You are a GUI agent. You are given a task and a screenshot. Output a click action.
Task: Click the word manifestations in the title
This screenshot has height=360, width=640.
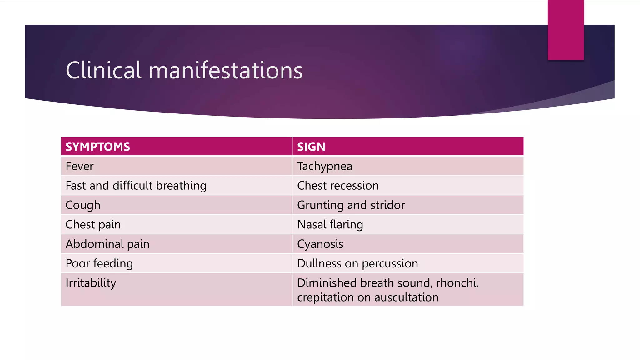click(x=226, y=70)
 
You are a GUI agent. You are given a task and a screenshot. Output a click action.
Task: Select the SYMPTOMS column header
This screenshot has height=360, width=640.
click(x=98, y=147)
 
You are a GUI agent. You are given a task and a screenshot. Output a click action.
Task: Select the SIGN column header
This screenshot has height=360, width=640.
click(x=311, y=147)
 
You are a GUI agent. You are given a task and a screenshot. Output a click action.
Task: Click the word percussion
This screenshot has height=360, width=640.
click(x=390, y=263)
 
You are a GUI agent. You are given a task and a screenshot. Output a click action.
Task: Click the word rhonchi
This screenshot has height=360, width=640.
click(x=457, y=283)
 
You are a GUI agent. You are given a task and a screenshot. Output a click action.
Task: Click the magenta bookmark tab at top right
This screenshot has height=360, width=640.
click(x=566, y=30)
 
